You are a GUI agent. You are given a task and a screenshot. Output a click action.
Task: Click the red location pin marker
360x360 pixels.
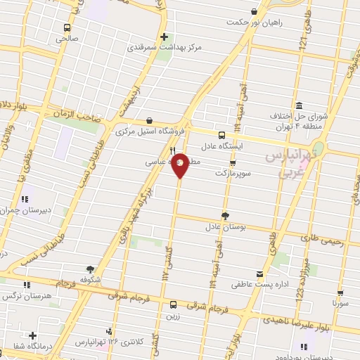180,165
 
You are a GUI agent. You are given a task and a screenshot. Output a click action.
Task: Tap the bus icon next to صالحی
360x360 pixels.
67,28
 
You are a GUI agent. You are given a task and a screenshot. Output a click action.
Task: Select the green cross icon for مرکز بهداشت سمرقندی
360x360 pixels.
165,37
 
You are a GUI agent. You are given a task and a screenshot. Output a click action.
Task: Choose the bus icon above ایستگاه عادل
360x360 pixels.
221,134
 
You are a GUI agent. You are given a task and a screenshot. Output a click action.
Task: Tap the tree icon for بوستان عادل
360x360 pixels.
225,216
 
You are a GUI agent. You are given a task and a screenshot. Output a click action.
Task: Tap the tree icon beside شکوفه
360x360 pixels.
90,269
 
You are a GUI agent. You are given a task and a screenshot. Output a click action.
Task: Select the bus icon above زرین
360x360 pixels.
173,304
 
